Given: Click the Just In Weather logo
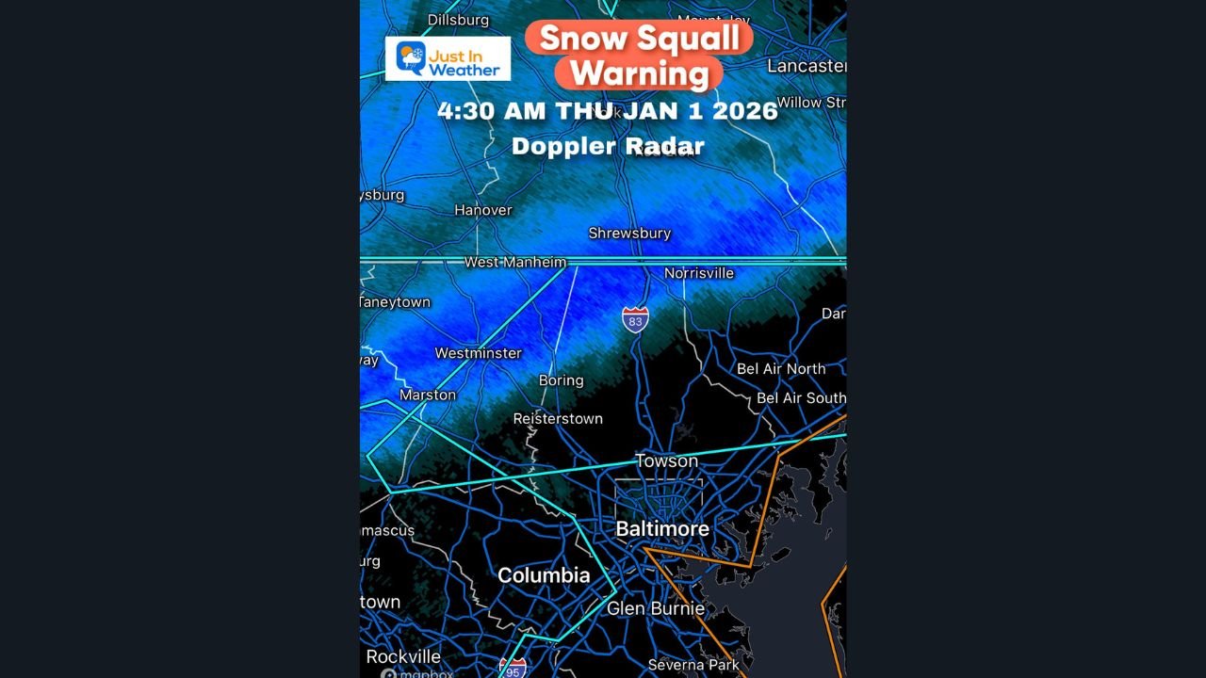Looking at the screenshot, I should coord(448,58).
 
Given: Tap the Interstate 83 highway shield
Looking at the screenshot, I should coord(635,320).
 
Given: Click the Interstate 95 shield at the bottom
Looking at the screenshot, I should coord(513,668).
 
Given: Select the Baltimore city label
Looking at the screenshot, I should coord(662,529).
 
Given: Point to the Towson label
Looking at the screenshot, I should coord(666,460).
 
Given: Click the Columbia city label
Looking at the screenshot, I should coord(544,575).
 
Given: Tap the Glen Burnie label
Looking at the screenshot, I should coord(655,608).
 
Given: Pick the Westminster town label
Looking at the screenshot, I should coord(478,353).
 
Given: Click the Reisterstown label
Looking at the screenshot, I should coord(558,418).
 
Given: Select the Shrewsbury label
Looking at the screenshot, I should coord(629,233).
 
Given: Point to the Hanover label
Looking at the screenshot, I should coord(483,210).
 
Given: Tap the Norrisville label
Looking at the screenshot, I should coord(698,273).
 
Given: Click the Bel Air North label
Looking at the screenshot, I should coord(780,368).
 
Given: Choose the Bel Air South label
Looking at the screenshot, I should coord(801,398).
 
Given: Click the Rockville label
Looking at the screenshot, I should coord(403,656).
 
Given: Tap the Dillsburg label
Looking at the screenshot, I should coord(459,20).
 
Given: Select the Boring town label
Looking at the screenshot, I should coord(561,380).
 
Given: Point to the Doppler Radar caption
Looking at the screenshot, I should coord(608,146).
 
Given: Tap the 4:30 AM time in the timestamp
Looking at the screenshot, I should coord(491,110).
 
